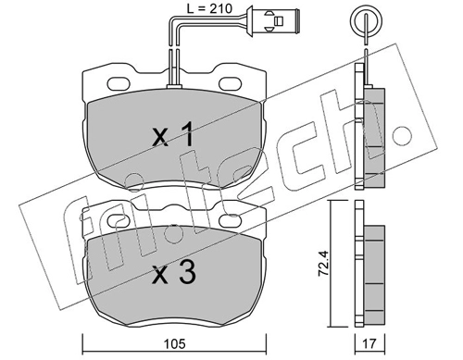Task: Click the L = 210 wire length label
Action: click(x=209, y=8)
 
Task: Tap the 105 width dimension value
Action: click(x=174, y=343)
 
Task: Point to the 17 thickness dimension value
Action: click(x=369, y=343)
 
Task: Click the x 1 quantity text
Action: click(x=173, y=134)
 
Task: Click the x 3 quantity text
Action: click(x=174, y=272)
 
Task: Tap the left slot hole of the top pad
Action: click(x=119, y=84)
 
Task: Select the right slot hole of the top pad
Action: click(x=230, y=84)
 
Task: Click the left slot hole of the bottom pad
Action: click(x=119, y=220)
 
